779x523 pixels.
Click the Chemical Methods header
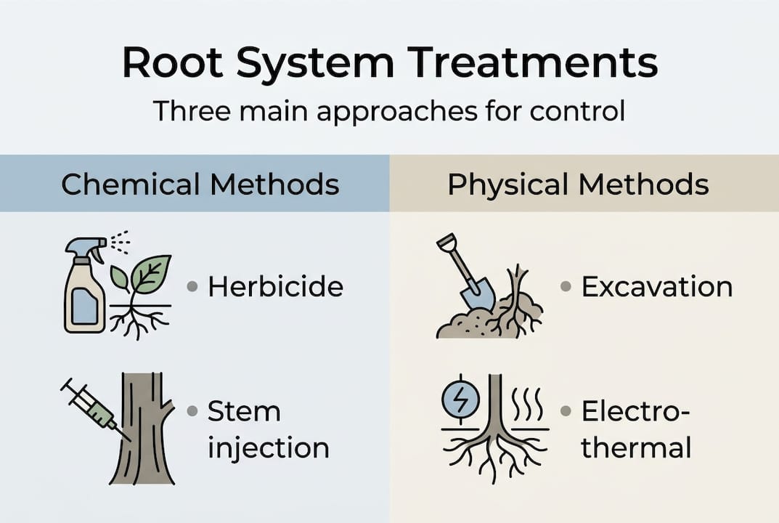(200, 184)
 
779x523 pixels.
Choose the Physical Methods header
(578, 184)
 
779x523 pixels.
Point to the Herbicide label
(275, 287)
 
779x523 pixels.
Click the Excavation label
(656, 287)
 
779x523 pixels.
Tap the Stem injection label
(268, 429)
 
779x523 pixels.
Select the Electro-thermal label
(636, 429)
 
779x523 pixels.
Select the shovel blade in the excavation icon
(478, 295)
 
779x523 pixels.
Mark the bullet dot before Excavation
(566, 287)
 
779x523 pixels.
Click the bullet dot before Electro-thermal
(566, 412)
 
